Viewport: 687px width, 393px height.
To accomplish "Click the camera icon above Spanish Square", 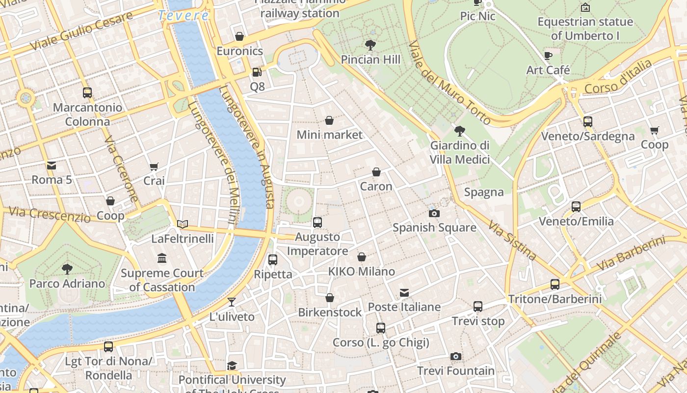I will [x=434, y=213].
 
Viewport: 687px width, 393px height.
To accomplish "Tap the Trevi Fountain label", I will [x=456, y=371].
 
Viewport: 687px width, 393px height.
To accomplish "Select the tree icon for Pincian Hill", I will [x=370, y=45].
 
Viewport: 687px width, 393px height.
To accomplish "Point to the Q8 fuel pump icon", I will [x=257, y=72].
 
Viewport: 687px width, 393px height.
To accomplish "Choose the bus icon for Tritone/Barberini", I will [x=555, y=284].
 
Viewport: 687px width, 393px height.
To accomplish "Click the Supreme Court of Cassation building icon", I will [x=162, y=258].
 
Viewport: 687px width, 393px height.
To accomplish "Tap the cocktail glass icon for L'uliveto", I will [x=232, y=302].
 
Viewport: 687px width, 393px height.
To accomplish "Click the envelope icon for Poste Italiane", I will [x=404, y=293].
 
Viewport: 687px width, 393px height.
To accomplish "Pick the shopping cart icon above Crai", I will [x=154, y=167].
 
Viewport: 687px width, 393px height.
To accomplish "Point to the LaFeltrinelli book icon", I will [x=183, y=224].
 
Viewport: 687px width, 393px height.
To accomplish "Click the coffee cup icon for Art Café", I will [x=548, y=56].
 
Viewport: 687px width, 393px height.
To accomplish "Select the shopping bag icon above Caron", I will [x=376, y=172].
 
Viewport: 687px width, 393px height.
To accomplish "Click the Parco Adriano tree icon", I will [x=67, y=269].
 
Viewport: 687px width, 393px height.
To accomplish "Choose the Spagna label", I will [x=484, y=192].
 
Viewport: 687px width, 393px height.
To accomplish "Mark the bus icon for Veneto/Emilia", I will [x=576, y=207].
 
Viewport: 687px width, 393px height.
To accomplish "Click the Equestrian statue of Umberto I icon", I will [x=585, y=7].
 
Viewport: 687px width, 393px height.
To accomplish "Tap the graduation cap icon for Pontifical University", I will [x=232, y=365].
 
